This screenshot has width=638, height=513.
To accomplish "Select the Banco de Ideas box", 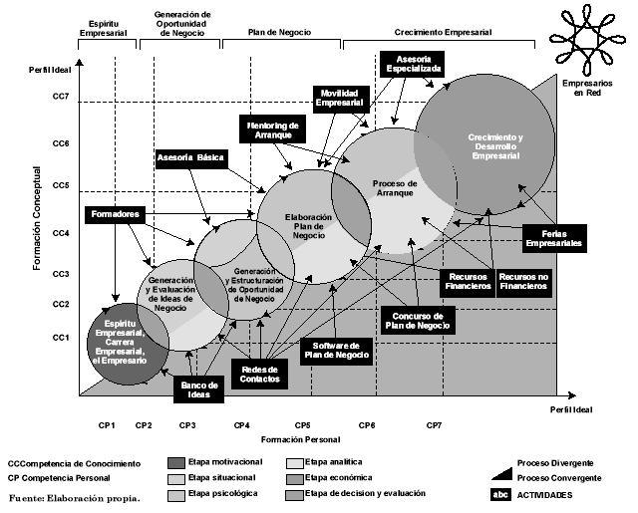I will [199, 389].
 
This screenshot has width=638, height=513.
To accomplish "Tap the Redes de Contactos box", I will [260, 374].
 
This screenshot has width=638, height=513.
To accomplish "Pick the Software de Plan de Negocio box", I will [337, 352].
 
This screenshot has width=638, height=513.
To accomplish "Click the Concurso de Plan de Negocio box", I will [418, 320].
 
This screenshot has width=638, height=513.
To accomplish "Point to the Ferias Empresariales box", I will [554, 237].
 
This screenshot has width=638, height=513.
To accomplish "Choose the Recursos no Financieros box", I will [523, 281].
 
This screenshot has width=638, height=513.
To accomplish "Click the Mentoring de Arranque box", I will [272, 130].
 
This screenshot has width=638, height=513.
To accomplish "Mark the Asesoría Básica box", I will [191, 158].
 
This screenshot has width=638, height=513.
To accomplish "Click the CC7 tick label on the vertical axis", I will [60, 97].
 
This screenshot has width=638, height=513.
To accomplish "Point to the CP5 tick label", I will [302, 425].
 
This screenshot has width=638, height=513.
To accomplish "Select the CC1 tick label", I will [60, 338].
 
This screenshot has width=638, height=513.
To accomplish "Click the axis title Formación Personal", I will [300, 439].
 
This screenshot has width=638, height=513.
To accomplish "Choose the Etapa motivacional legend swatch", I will [175, 463].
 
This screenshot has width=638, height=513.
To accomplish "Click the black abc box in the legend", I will [499, 494].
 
